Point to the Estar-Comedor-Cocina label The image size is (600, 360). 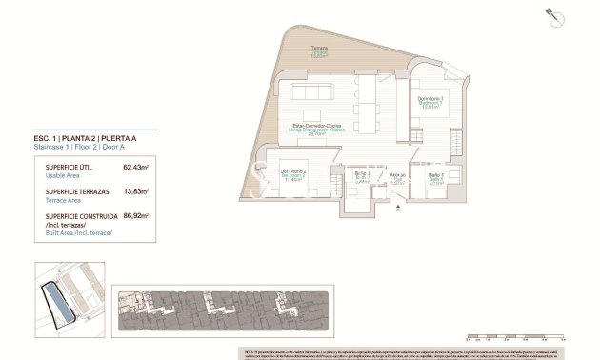[x=315, y=130]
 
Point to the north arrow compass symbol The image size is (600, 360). [x=550, y=14]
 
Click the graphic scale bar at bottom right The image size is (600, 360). [x=514, y=333]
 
